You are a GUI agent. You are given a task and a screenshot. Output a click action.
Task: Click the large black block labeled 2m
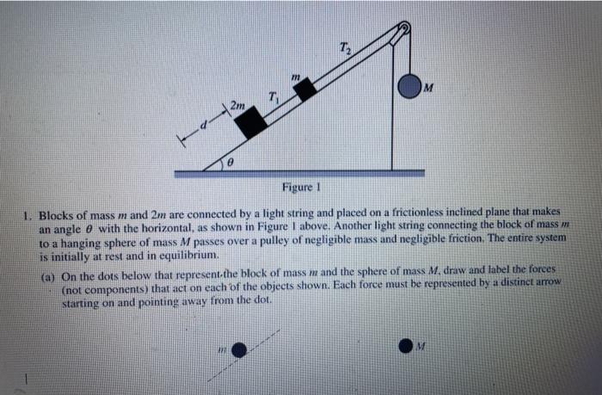(252, 123)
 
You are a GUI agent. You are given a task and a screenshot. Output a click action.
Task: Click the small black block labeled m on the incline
(305, 89)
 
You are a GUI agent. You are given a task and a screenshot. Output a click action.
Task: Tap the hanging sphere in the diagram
(409, 85)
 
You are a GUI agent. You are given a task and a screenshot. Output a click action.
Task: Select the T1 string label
(273, 96)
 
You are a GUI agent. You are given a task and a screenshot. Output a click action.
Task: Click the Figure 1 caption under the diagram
(300, 188)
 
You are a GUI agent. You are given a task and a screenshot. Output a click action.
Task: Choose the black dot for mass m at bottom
(241, 349)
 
